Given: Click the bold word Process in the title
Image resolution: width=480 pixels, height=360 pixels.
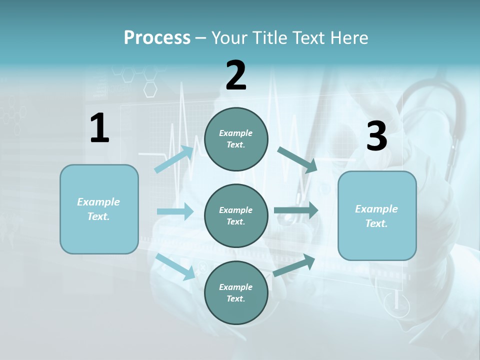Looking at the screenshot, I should point(157,37).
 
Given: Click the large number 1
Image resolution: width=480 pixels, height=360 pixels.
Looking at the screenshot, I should point(99,128).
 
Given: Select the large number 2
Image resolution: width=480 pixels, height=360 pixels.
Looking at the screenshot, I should point(236,75).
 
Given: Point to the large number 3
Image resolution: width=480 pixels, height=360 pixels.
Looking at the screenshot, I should point(376,136).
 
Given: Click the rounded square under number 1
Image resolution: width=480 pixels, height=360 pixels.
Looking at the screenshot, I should point(99,209).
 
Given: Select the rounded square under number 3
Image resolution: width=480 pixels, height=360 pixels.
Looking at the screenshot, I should point(377,216).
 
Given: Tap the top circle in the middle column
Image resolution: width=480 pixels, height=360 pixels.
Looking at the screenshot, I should point(236,139).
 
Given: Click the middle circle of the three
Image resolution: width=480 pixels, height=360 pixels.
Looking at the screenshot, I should point(236,216).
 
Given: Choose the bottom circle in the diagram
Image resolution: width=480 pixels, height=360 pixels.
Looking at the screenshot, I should point(236,293).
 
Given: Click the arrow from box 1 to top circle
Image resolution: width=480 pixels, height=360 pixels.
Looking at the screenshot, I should point(174,159).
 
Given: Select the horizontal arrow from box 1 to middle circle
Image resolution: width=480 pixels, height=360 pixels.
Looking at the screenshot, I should point(175,211).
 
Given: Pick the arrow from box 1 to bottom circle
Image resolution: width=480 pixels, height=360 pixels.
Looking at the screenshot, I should point(175,266).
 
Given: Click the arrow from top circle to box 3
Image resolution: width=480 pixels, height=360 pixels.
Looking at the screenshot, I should point(297,159).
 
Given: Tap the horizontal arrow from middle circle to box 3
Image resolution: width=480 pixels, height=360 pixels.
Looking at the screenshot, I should point(296,210).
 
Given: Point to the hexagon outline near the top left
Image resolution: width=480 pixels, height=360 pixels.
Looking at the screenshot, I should point(150,89).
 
